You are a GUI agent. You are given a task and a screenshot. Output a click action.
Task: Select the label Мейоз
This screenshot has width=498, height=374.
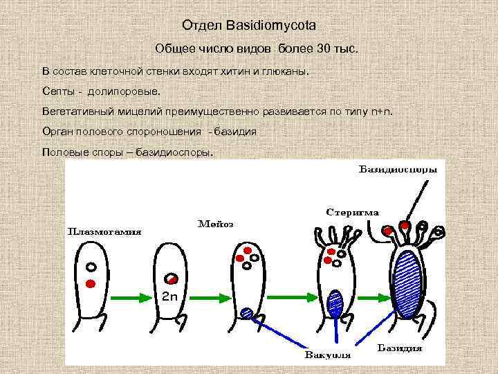[216, 224]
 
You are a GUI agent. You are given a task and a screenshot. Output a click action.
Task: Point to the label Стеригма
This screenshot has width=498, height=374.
[352, 212]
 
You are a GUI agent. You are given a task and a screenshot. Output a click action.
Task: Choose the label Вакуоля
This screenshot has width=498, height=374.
[329, 355]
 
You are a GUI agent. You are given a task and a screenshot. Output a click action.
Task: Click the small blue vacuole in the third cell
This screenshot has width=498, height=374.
[247, 312]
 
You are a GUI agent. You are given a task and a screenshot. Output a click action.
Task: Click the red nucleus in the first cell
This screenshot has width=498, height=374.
[90, 283]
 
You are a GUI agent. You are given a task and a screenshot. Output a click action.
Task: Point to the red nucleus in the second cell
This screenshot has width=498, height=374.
[172, 279]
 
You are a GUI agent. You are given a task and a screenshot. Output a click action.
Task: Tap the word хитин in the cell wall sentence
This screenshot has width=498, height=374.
[239, 71]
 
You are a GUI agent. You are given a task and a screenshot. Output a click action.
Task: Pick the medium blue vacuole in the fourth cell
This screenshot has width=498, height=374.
[335, 301]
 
